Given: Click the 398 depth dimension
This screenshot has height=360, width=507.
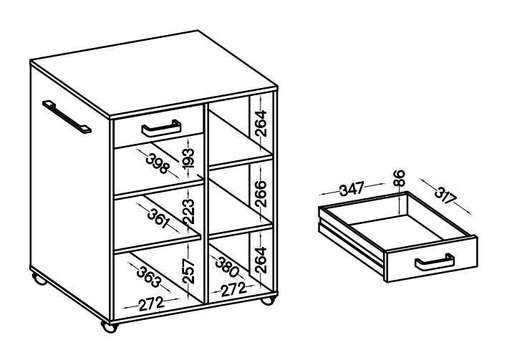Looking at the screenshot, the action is coord(158,164).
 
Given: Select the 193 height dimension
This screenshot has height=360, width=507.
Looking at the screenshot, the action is coord(188,159).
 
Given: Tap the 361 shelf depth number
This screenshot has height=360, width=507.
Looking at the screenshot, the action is coord(158,218).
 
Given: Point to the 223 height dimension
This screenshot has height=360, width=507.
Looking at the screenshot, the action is coord(188,211).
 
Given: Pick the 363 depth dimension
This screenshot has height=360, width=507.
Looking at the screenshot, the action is coord(148,277).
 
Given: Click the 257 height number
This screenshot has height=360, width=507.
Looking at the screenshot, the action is coord(188,271).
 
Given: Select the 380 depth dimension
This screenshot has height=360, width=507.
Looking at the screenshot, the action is coord(227,267).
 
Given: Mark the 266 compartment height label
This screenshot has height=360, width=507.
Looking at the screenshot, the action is coord(261,193).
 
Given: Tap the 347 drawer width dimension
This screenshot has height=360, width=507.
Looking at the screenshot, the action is coord(352,189).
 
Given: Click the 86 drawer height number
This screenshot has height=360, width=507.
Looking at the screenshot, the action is coord(400,177).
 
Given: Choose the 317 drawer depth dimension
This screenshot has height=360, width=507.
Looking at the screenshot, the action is coord(445,195).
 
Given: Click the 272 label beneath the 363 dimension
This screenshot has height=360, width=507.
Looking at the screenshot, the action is coord(152,303).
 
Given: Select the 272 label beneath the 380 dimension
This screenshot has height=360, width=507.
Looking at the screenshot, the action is coord(233,289).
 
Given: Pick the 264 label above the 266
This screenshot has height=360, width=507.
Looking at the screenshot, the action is coord(261,123).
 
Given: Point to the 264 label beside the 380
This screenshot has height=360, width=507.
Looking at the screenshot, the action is coord(261,260).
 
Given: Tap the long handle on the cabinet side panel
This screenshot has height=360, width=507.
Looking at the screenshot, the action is coord(67,117).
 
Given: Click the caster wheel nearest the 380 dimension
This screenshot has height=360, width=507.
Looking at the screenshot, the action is coord(267,301).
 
